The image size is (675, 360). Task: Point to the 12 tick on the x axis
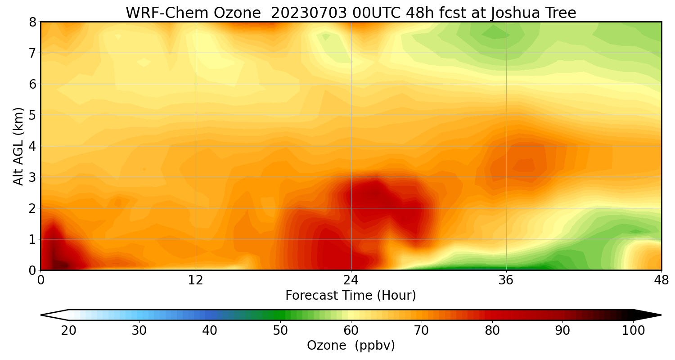coord(196,280)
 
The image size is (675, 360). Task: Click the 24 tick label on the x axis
coord(351,280)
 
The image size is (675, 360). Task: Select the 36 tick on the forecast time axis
coord(506,280)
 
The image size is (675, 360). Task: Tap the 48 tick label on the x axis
coord(661,280)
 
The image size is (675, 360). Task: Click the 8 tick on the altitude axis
coord(32,22)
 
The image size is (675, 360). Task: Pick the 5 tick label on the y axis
coord(32,115)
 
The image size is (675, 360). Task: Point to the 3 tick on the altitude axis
coord(32,177)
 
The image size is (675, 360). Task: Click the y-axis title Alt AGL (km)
coord(18,146)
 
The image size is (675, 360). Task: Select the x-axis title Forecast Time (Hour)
coord(351,296)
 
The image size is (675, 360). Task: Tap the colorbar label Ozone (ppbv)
coord(351,346)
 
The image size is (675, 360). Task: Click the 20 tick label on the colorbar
coord(69,331)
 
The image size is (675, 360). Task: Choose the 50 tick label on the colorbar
coord(280,331)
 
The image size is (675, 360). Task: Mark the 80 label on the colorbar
coord(492,331)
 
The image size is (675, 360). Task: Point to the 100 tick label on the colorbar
coord(633,331)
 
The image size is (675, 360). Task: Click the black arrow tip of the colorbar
coord(650,315)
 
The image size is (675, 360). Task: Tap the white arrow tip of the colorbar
coord(52,315)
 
